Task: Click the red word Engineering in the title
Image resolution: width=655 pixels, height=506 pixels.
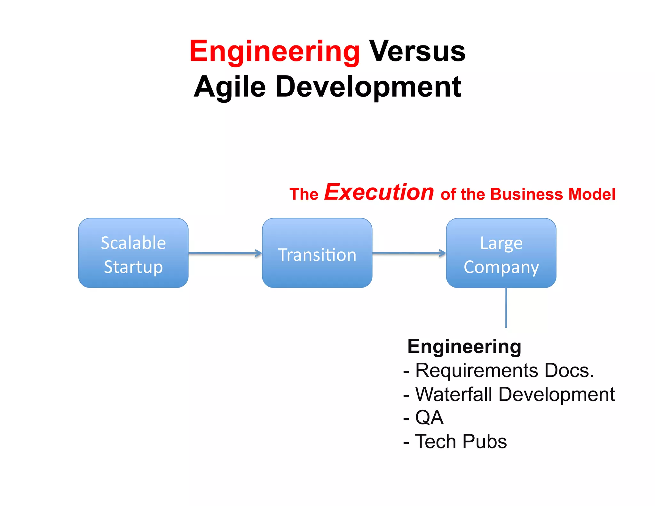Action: coord(274,51)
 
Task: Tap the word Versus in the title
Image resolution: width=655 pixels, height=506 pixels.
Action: coord(417,51)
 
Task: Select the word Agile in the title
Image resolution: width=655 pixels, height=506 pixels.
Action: coord(230,87)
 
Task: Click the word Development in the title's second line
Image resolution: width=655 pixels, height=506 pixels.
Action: coord(368,87)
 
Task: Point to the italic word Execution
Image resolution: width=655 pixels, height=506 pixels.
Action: coord(379,192)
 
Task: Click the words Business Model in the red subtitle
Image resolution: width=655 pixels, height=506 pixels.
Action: coord(553,194)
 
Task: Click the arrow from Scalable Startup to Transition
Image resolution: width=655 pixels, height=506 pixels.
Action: coord(225,253)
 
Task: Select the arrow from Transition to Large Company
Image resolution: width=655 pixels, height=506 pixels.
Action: coord(409,253)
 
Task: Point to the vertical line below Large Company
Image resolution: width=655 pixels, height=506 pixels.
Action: coord(506,308)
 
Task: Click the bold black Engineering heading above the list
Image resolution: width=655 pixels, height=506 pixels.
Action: coord(464,346)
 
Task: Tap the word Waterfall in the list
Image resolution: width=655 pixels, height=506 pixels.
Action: coord(454,394)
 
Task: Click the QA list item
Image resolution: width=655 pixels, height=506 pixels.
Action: coord(429,418)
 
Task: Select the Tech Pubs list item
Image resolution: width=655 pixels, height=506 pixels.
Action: coord(461,441)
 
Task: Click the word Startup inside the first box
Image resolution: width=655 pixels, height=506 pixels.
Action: coord(133,267)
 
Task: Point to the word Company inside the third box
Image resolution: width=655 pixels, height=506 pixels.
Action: coord(501,267)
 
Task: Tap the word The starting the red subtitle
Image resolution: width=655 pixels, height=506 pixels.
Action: coord(304,194)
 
